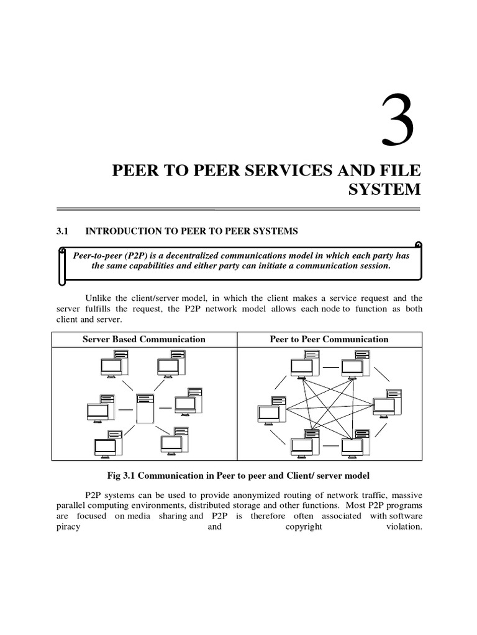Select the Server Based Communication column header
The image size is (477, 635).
click(144, 339)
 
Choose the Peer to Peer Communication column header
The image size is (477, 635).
click(329, 339)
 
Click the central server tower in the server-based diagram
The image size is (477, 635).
click(145, 408)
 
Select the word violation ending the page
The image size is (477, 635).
click(404, 526)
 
